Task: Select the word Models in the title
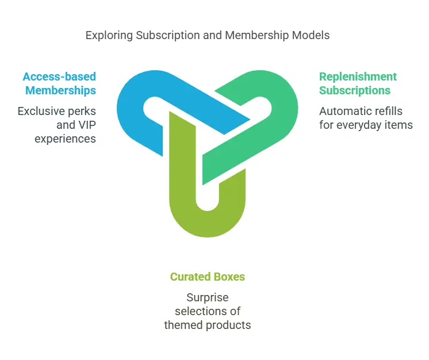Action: pyautogui.click(x=311, y=36)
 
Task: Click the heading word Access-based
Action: pyautogui.click(x=59, y=76)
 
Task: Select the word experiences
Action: pyautogui.click(x=65, y=138)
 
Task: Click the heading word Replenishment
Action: pyautogui.click(x=358, y=76)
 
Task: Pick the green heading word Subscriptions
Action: pyautogui.click(x=355, y=90)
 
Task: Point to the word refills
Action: pyautogui.click(x=387, y=111)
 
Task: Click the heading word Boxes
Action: pyautogui.click(x=229, y=277)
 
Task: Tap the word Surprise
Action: pyautogui.click(x=208, y=297)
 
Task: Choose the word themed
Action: pyautogui.click(x=183, y=325)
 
